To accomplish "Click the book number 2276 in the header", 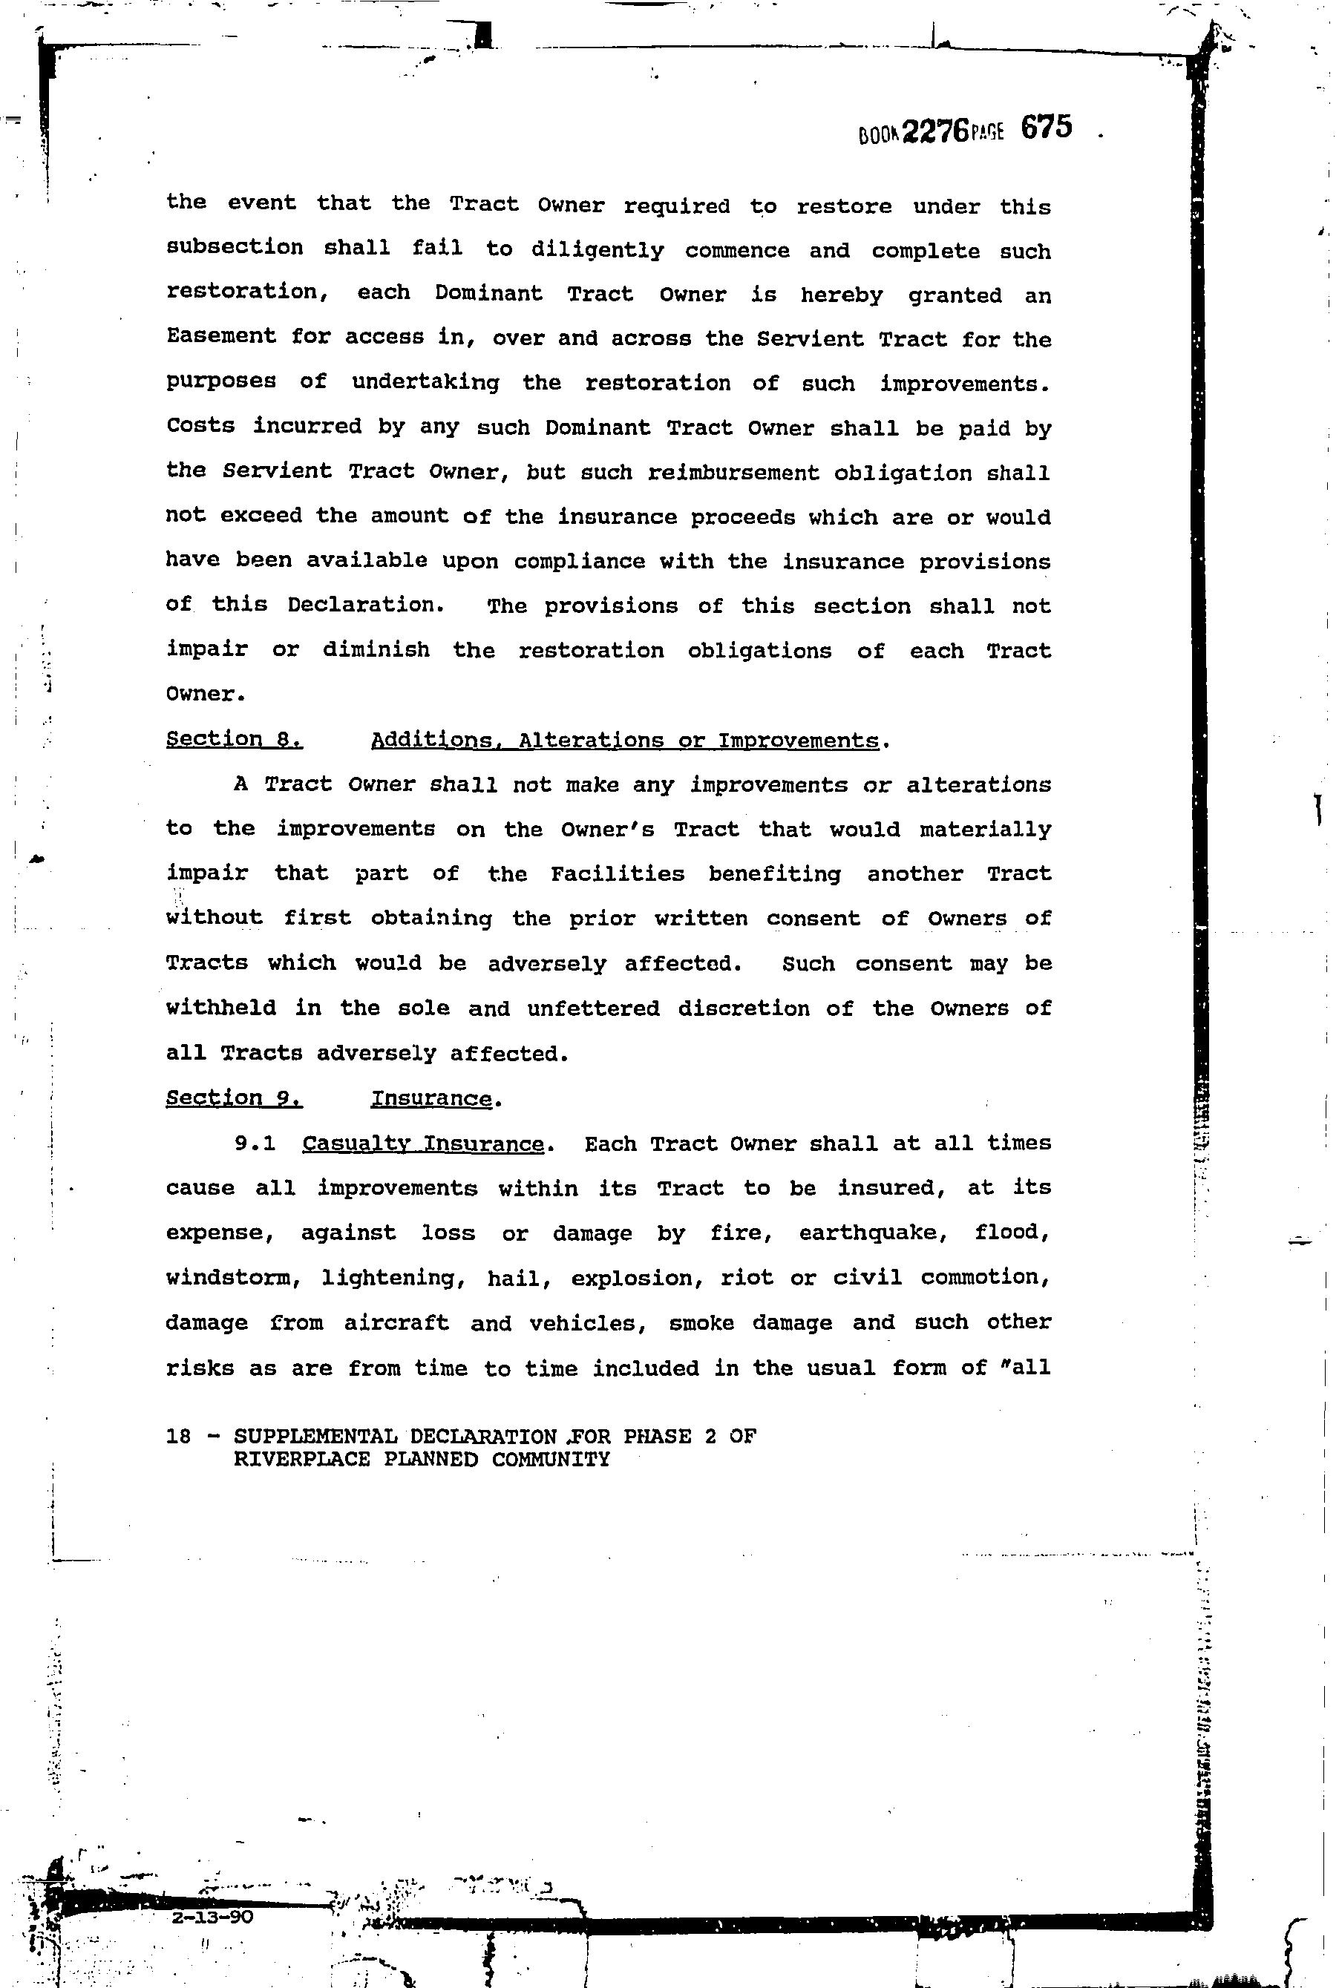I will click(x=935, y=131).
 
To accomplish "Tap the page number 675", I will click(x=1045, y=128).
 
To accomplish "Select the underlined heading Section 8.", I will click(x=234, y=739).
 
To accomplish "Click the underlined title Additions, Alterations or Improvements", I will click(x=624, y=740).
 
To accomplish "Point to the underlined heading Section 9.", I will click(x=234, y=1098).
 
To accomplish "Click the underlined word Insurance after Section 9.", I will click(x=431, y=1098).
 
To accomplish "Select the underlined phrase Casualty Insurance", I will click(x=423, y=1144).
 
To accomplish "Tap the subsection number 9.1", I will click(x=255, y=1144).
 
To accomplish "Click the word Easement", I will click(x=221, y=337).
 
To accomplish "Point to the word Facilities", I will click(x=618, y=874).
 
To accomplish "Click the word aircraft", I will click(x=396, y=1323).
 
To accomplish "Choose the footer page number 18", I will click(x=178, y=1437).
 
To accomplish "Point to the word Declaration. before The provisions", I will click(x=365, y=606).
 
